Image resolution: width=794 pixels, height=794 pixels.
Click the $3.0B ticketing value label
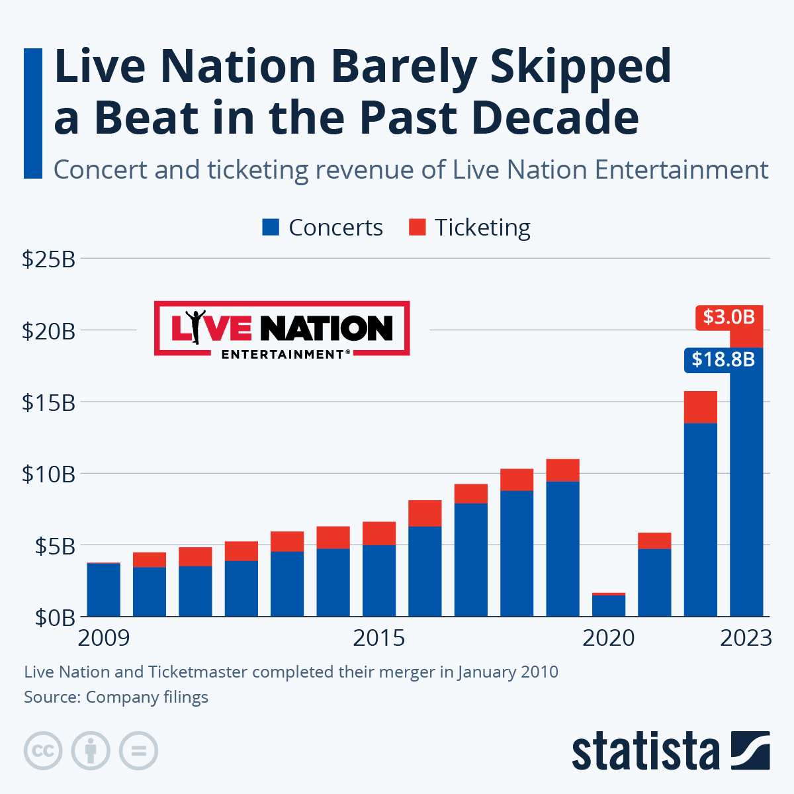click(x=729, y=318)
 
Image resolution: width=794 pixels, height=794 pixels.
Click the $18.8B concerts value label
click(x=723, y=359)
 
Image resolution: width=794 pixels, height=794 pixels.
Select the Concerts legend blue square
click(x=271, y=228)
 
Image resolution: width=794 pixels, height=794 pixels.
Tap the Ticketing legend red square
click(x=417, y=228)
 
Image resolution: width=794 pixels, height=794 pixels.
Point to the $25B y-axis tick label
click(x=48, y=259)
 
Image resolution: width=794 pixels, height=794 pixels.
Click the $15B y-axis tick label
click(x=48, y=402)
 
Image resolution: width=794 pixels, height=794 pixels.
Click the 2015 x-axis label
click(x=378, y=639)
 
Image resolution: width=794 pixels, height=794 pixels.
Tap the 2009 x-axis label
click(x=104, y=639)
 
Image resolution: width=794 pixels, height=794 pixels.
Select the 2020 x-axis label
click(x=608, y=639)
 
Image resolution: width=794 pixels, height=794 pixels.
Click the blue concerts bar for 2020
click(x=608, y=606)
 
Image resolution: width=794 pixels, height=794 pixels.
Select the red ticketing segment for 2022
click(x=700, y=407)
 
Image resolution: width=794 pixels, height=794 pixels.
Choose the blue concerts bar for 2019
click(x=562, y=549)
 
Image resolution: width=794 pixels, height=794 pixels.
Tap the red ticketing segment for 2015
click(x=379, y=533)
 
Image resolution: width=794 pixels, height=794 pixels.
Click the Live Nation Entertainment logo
click(x=282, y=329)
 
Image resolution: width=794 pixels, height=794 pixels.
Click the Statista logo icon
click(x=750, y=750)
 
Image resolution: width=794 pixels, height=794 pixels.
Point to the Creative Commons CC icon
click(x=43, y=751)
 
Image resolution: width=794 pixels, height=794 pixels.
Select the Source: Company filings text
click(x=116, y=697)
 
